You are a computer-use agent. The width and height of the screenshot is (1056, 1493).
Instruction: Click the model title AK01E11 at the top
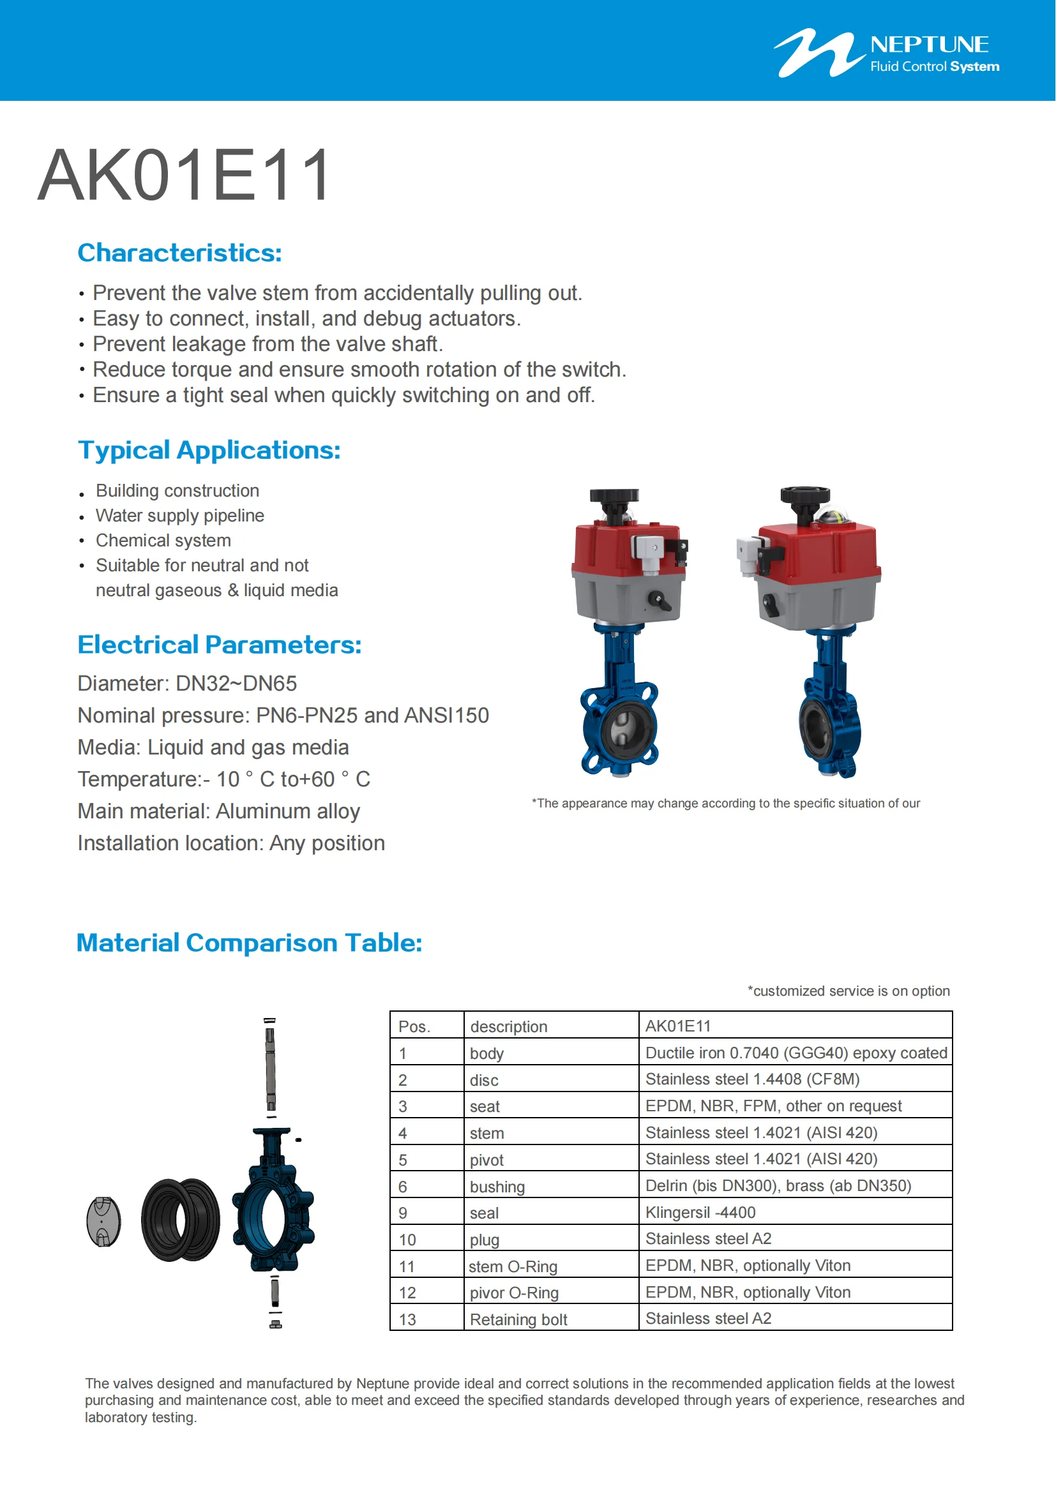coord(185,176)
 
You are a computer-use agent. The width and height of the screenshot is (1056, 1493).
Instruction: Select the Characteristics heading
coord(179,253)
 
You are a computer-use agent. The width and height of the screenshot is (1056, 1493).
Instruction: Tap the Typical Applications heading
coord(209,450)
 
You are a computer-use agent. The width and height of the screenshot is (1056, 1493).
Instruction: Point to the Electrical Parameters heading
coord(219,645)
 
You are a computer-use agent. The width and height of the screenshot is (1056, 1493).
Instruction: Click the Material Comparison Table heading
coord(249,942)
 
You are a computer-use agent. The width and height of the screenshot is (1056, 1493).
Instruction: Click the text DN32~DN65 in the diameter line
coord(236,684)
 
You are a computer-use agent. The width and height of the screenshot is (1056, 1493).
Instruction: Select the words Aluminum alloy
coord(287,811)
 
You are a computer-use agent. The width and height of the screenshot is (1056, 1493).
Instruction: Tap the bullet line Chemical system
coord(163,541)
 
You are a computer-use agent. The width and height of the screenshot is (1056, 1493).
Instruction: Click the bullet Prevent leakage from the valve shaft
coord(268,344)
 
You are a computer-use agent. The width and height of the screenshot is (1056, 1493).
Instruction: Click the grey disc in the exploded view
coord(104,1221)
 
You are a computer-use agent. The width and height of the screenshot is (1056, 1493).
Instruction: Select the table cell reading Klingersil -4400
coord(700,1212)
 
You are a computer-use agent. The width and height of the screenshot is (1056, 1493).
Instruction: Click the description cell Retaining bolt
coord(518,1319)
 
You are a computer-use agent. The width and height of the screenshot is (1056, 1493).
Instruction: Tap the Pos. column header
coord(414,1026)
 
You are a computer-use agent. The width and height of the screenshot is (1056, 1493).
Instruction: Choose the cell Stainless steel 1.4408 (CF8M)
coord(752,1079)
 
